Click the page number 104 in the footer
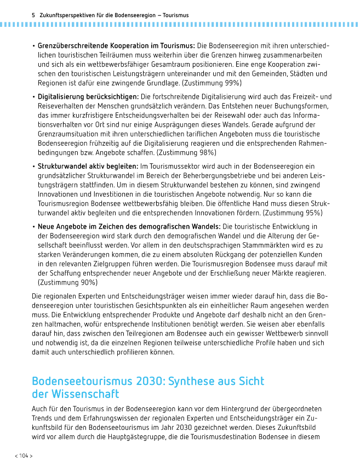click(x=24, y=456)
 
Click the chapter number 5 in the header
click(x=33, y=15)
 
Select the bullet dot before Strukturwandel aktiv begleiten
click(x=33, y=166)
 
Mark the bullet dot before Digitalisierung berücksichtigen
click(x=33, y=96)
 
